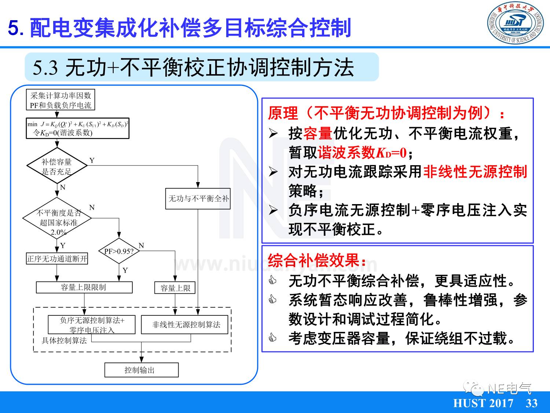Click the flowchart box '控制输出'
[141, 370]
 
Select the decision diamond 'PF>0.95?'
[118, 251]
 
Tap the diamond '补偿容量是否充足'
[57, 166]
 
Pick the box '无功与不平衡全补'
[198, 199]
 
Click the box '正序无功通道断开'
[57, 259]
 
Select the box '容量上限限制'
[84, 287]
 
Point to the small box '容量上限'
[175, 288]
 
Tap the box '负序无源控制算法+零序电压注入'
[92, 325]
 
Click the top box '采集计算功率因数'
[61, 100]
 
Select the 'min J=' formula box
[78, 128]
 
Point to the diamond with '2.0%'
[57, 218]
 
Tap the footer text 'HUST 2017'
[483, 403]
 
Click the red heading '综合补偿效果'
[317, 261]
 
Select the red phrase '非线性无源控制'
[475, 172]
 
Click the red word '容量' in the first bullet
[318, 134]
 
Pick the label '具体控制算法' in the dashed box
[64, 341]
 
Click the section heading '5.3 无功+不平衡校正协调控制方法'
[193, 68]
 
